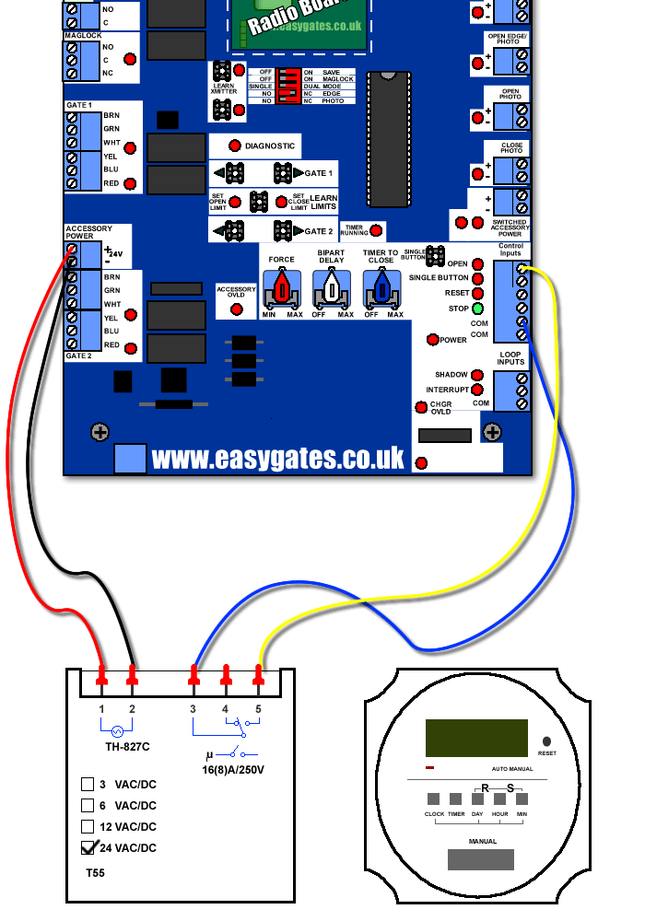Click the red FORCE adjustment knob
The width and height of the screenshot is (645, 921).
(282, 291)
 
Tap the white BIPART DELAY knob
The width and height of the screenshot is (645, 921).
(332, 291)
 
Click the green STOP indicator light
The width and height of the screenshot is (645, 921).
(478, 309)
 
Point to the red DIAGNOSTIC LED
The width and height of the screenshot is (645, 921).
(235, 146)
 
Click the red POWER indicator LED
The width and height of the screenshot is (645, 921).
(433, 340)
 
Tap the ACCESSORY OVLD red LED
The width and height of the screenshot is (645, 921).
(237, 309)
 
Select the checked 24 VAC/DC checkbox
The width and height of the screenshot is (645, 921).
(88, 848)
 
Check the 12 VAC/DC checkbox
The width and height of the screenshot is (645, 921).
(88, 826)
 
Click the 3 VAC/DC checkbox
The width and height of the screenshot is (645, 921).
(88, 784)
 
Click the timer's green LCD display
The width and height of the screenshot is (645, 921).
(476, 738)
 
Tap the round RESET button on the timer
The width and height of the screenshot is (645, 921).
(547, 740)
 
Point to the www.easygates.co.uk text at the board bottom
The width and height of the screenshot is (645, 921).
(277, 457)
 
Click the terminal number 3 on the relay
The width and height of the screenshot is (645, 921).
(193, 708)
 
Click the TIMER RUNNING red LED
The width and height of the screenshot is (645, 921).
(375, 231)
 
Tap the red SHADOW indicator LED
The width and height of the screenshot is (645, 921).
(476, 375)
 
